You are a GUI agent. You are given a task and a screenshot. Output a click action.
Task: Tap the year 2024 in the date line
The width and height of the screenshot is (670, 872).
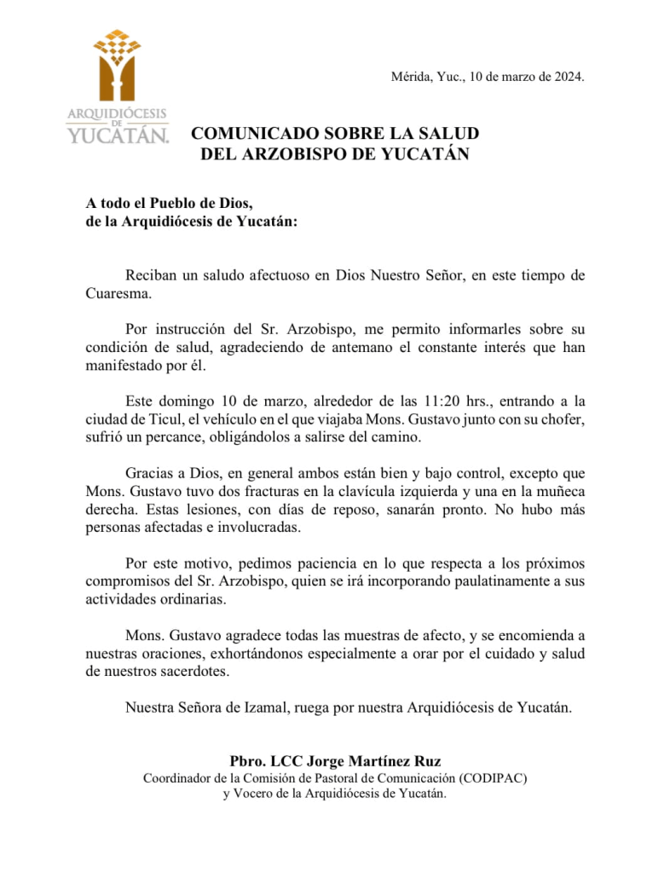click(x=567, y=77)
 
